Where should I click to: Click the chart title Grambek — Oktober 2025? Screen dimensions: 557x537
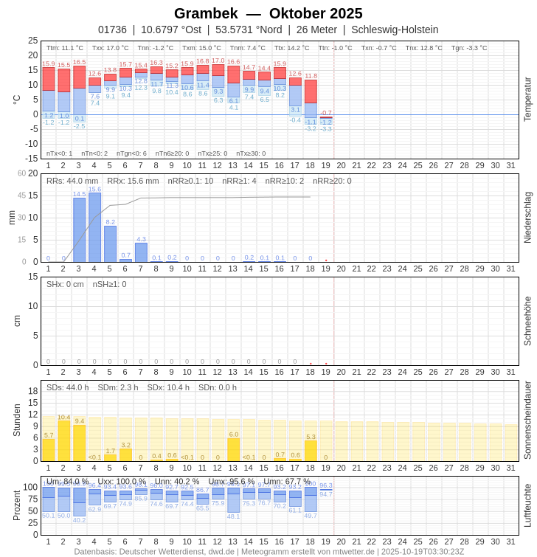pos(268,13)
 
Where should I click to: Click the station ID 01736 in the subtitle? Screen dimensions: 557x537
pos(112,30)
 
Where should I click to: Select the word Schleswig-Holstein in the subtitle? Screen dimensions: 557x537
pos(395,30)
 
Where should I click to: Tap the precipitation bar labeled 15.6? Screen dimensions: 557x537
pos(94,227)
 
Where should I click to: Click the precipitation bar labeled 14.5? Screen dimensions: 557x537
pos(79,229)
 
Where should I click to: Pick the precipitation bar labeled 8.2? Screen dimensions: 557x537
pos(110,243)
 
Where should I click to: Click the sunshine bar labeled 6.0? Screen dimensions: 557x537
pos(233,450)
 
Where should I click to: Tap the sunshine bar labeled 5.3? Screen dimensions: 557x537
pos(311,451)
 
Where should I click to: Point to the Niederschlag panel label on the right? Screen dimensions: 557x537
pos(527,218)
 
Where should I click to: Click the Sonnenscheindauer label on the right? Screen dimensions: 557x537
pos(527,421)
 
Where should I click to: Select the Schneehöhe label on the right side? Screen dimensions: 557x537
pos(527,321)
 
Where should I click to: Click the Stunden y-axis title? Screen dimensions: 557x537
pos(16,420)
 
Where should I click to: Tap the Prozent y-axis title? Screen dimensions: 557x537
pos(16,505)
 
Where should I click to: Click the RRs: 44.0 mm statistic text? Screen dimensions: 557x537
pos(72,181)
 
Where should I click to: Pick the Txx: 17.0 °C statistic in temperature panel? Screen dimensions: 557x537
pos(110,48)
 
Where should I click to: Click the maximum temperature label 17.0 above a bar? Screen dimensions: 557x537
pos(218,61)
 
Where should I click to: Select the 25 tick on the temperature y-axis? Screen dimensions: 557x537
pos(32,41)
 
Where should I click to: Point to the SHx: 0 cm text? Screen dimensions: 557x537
pos(65,284)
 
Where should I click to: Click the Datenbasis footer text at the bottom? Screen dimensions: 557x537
pos(268,551)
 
